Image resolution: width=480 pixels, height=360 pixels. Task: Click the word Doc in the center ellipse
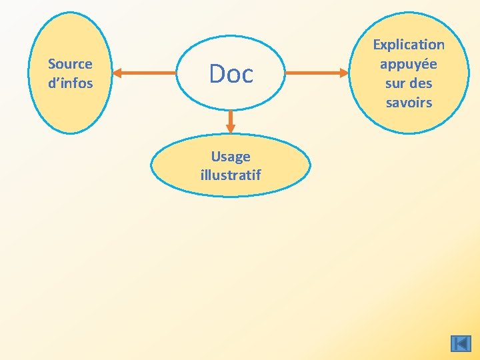click(231, 73)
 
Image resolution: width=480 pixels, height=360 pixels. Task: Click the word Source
click(70, 64)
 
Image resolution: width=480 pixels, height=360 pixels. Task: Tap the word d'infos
click(70, 83)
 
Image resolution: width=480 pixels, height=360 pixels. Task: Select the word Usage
click(231, 157)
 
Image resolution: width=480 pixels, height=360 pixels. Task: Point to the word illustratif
click(231, 175)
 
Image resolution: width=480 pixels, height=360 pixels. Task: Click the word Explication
click(409, 45)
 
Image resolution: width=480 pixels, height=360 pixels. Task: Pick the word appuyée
click(409, 64)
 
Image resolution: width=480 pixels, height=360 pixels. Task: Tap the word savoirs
click(409, 103)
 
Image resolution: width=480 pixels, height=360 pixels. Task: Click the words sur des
click(409, 83)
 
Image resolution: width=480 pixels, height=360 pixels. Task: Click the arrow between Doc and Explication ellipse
click(316, 72)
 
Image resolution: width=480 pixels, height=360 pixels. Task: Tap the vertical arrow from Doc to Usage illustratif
click(231, 121)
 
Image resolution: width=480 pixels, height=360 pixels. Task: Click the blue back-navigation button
click(461, 343)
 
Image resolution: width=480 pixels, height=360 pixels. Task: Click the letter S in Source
click(51, 64)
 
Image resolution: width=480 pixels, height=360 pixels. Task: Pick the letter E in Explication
click(376, 45)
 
